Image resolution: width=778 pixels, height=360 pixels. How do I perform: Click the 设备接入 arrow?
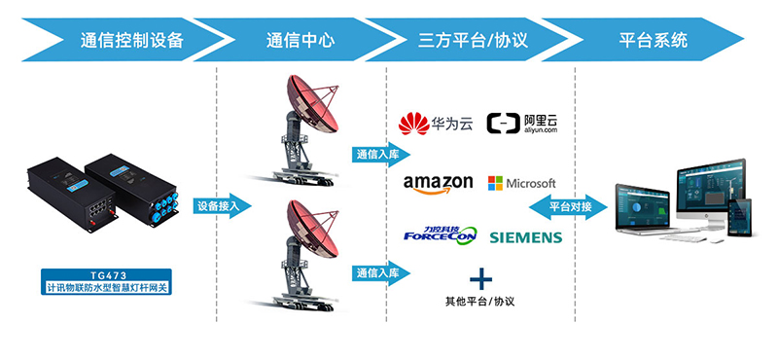[223, 206]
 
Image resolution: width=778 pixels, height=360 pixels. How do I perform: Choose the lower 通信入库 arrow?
[380, 273]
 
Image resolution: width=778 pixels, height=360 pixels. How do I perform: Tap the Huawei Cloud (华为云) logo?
[436, 125]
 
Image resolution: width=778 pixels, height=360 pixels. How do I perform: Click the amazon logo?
[438, 183]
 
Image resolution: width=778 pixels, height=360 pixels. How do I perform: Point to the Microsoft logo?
[521, 183]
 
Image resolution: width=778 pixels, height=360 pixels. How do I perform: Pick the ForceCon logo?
[437, 235]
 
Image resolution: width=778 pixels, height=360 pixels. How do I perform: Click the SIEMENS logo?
[525, 237]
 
